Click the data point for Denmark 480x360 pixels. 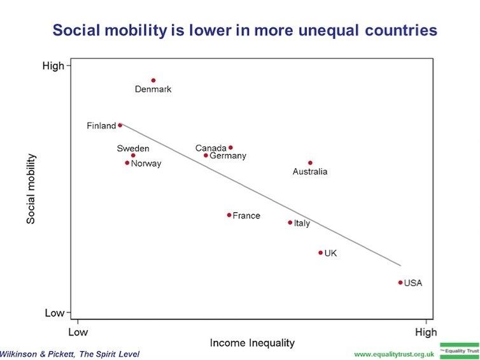pyautogui.click(x=153, y=80)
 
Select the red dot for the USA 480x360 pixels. pyautogui.click(x=400, y=282)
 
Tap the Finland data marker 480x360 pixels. pyautogui.click(x=120, y=125)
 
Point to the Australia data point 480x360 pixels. pyautogui.click(x=310, y=162)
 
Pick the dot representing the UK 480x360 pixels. pyautogui.click(x=320, y=253)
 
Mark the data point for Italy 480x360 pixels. pyautogui.click(x=290, y=222)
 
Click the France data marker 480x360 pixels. pyautogui.click(x=229, y=215)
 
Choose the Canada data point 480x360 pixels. pyautogui.click(x=230, y=147)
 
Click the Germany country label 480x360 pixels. pyautogui.click(x=228, y=156)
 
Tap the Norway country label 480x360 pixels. pyautogui.click(x=146, y=164)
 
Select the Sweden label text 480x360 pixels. pyautogui.click(x=133, y=148)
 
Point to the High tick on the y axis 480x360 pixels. pyautogui.click(x=53, y=65)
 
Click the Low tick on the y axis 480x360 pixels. pyautogui.click(x=55, y=313)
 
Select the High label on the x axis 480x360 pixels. pyautogui.click(x=425, y=332)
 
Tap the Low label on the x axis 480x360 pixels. pyautogui.click(x=77, y=332)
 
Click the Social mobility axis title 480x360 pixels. pyautogui.click(x=31, y=189)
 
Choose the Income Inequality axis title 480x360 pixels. pyautogui.click(x=252, y=343)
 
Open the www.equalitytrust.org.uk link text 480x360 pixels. pyautogui.click(x=394, y=354)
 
